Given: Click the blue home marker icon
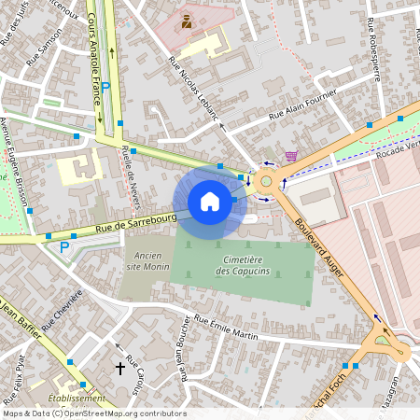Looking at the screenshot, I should tap(210, 201).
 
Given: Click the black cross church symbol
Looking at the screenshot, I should tap(119, 369).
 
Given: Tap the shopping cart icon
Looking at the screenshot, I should tap(292, 157).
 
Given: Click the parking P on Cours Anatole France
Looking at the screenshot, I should tap(106, 86).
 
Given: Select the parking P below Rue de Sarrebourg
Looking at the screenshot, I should tap(63, 247).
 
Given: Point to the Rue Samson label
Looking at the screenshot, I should tap(45, 43).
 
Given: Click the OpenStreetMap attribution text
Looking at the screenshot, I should tap(93, 413).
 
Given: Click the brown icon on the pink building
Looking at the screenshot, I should tap(187, 20).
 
